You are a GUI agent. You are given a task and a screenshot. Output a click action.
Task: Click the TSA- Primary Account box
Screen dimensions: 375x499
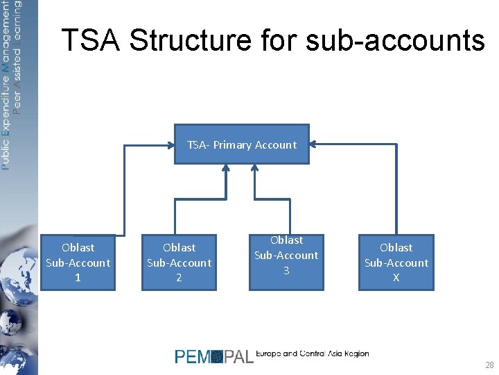(x=241, y=144)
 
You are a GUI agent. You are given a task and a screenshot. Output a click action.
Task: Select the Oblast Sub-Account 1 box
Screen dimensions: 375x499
(x=78, y=262)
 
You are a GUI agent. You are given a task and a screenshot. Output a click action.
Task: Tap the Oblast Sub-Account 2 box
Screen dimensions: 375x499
(x=179, y=262)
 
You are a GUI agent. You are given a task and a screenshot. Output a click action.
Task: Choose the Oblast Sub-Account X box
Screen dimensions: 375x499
(x=396, y=262)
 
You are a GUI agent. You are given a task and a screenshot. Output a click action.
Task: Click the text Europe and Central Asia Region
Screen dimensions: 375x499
(x=312, y=354)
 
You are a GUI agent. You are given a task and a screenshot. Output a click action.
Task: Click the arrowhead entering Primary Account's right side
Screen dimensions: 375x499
(x=313, y=144)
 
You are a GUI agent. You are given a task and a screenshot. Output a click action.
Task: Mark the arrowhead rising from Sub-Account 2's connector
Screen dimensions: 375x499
(x=226, y=168)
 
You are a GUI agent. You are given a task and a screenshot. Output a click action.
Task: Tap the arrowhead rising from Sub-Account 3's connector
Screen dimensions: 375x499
(x=255, y=168)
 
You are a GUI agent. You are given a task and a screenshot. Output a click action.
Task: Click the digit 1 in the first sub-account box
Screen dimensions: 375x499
(x=78, y=278)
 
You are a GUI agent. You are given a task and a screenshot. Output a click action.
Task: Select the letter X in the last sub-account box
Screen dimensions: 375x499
(x=396, y=278)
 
